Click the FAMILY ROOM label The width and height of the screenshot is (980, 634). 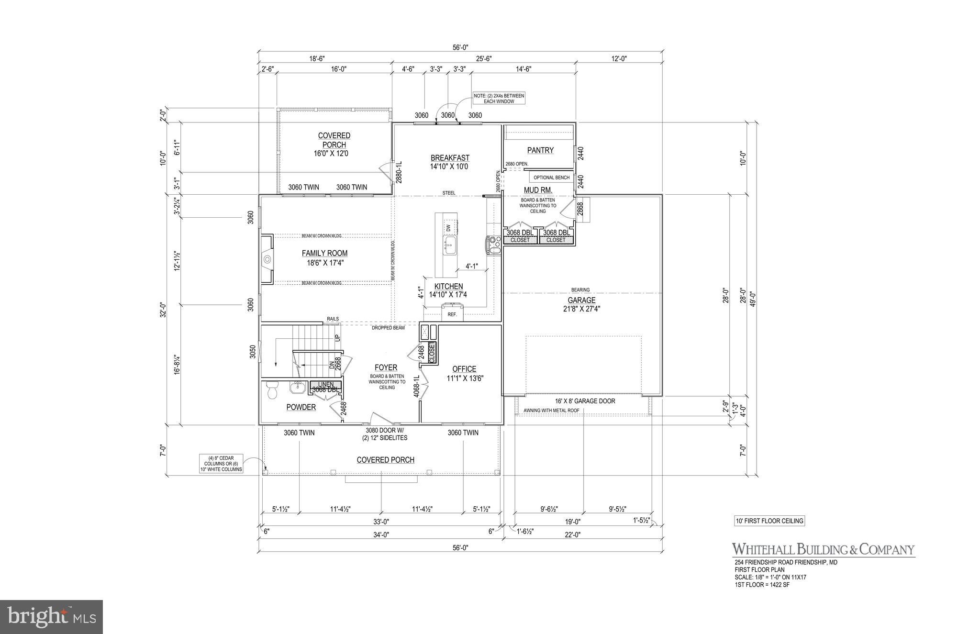pos(324,253)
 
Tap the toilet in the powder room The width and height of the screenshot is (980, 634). pos(272,390)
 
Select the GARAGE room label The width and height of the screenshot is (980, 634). pos(581,300)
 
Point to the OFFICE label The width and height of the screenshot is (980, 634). pos(464,369)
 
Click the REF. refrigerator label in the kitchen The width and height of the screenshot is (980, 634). pos(452,315)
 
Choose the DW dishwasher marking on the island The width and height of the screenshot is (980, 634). pos(448,228)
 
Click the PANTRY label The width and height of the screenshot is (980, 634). pos(540,150)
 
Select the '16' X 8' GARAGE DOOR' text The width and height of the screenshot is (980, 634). pos(585,401)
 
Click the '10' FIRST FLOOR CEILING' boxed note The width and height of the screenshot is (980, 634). pos(769,521)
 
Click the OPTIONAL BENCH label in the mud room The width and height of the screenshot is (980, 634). pos(551,178)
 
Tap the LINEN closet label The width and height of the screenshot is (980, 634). pos(325,384)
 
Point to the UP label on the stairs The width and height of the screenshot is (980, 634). pos(337,337)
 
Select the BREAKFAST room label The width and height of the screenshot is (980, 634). pos(450,157)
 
